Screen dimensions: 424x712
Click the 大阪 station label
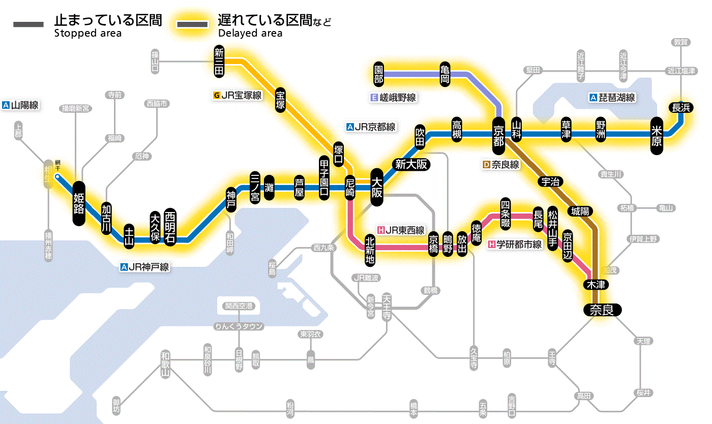click(x=377, y=188)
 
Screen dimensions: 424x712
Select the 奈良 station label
click(x=602, y=310)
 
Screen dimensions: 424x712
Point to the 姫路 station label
click(x=79, y=203)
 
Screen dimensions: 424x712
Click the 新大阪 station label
click(x=411, y=164)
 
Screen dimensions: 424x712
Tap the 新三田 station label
click(x=219, y=62)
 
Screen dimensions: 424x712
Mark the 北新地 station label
click(x=370, y=250)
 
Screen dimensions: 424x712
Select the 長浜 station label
click(x=680, y=107)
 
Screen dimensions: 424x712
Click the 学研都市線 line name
click(x=515, y=245)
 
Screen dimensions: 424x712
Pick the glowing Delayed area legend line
click(x=192, y=24)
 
